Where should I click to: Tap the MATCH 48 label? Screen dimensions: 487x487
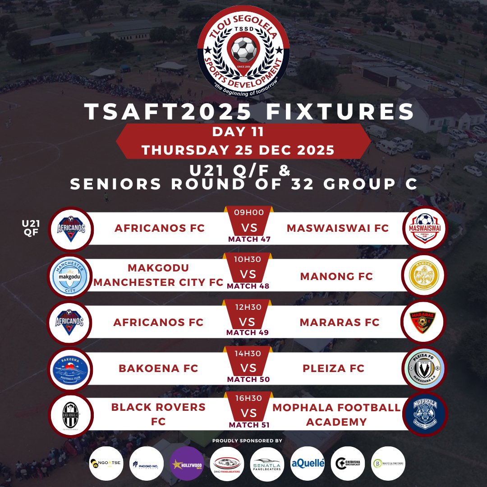248,286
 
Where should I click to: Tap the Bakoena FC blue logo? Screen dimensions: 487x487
69,368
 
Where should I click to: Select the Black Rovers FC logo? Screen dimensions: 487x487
69,415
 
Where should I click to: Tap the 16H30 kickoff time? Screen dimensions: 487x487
248,398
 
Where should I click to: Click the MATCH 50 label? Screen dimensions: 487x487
248,379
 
